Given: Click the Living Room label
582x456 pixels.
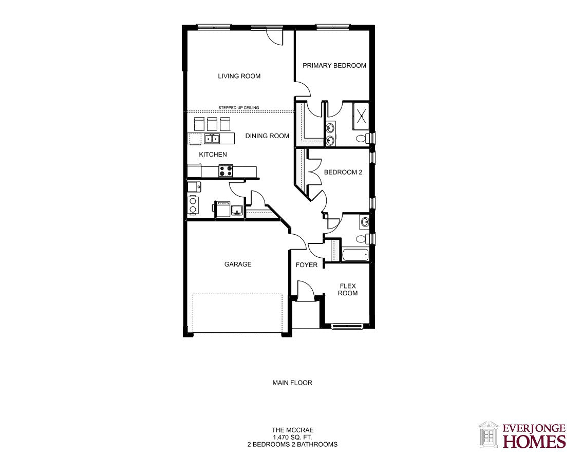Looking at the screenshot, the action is click(239, 76).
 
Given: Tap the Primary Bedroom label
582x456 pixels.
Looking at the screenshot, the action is click(334, 66).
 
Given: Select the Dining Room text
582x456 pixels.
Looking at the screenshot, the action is click(267, 136).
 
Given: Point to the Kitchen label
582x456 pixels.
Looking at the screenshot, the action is click(213, 155).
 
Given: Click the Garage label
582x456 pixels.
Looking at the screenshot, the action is click(237, 264).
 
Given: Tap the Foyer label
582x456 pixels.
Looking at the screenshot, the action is click(306, 265).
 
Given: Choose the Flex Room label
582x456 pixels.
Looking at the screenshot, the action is click(348, 290).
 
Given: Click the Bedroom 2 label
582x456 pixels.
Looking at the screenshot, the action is click(343, 172).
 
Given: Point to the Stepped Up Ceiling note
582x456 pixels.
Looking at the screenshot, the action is click(239, 108).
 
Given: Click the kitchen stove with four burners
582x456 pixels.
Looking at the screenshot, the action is click(226, 171).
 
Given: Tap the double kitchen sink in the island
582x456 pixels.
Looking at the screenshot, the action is click(212, 139).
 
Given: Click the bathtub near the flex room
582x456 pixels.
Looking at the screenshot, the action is click(355, 255).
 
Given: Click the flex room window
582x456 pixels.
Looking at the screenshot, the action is click(346, 327).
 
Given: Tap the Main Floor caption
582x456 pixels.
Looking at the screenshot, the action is click(292, 383).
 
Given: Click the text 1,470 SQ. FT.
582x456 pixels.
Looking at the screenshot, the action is click(292, 437).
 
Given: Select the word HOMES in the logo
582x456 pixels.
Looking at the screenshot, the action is click(534, 442).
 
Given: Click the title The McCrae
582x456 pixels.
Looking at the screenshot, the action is click(292, 430).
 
